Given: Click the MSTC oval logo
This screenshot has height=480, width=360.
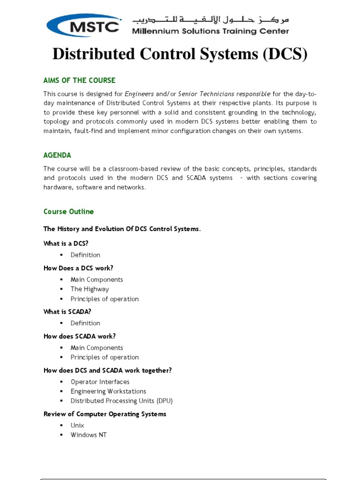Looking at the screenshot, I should (85, 25).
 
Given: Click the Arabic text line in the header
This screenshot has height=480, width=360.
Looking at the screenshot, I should (210, 20).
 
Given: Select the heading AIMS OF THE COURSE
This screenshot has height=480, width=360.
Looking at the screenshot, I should (79, 80).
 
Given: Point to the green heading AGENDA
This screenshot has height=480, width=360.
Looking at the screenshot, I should (57, 155).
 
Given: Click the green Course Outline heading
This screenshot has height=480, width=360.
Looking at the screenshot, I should (68, 211).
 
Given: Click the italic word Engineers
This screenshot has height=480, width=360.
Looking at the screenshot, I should (139, 94).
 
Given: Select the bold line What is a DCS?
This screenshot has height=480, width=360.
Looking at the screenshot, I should (66, 243).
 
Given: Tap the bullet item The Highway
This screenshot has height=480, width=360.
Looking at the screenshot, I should (90, 289).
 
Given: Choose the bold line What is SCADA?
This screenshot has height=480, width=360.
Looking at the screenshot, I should (67, 312).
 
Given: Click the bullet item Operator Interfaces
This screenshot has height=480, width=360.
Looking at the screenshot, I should (100, 382).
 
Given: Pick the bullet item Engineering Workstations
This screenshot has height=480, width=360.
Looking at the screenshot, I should (108, 391).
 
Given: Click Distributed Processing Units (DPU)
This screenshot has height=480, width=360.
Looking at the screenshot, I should (121, 401).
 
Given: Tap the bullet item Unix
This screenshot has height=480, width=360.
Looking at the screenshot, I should (77, 425).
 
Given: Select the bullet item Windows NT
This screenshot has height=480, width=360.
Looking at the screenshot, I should (89, 435).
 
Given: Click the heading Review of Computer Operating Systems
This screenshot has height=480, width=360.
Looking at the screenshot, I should (105, 414).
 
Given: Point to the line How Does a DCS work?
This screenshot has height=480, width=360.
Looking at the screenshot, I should (78, 268).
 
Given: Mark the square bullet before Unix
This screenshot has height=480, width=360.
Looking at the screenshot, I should (61, 426).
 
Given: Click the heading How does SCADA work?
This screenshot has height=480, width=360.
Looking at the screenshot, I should (79, 336).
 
